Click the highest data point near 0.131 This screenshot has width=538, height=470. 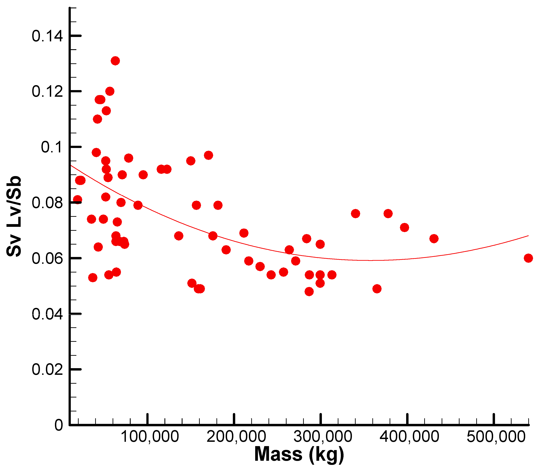(x=115, y=61)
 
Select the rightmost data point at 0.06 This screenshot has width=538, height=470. (x=528, y=258)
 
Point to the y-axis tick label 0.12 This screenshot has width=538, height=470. (x=47, y=92)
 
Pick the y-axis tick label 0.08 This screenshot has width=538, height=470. (x=47, y=203)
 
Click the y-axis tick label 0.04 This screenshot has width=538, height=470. (x=47, y=314)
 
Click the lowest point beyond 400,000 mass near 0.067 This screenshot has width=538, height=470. (x=434, y=239)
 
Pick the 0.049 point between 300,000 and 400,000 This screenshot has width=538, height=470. (x=377, y=289)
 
